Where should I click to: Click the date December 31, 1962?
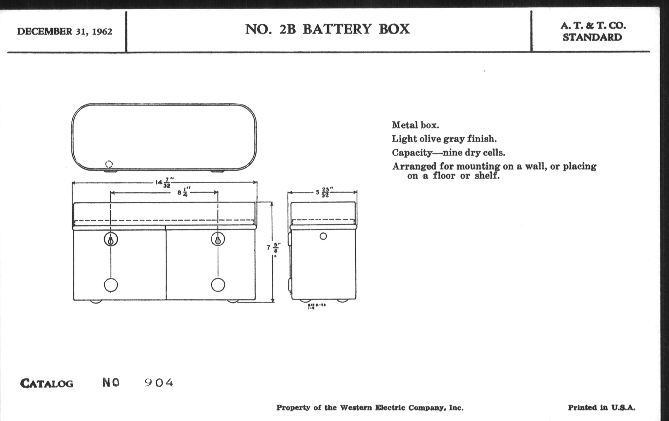(64, 31)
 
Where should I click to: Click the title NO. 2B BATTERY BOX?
(327, 29)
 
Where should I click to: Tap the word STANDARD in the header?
(592, 37)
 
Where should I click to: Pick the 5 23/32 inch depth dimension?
(323, 192)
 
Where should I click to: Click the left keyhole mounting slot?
(111, 240)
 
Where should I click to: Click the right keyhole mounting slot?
(218, 240)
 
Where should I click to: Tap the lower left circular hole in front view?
(111, 285)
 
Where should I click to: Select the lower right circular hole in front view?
(218, 285)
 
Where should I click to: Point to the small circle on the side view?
(323, 236)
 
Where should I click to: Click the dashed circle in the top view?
(109, 164)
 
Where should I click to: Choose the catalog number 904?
(159, 383)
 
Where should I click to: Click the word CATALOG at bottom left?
(47, 384)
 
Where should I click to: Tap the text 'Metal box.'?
(415, 125)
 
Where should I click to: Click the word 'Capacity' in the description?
(412, 152)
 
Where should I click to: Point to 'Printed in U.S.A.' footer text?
(602, 408)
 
